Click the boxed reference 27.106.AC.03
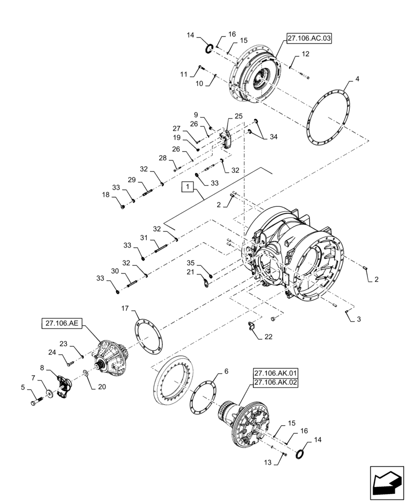[310, 38]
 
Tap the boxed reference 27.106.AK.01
[276, 373]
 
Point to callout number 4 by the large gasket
[357, 79]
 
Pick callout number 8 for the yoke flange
[43, 368]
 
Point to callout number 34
[272, 136]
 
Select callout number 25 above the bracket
[238, 116]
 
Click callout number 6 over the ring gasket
[226, 371]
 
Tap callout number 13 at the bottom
[268, 462]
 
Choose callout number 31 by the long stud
[143, 237]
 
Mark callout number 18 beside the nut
[106, 194]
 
